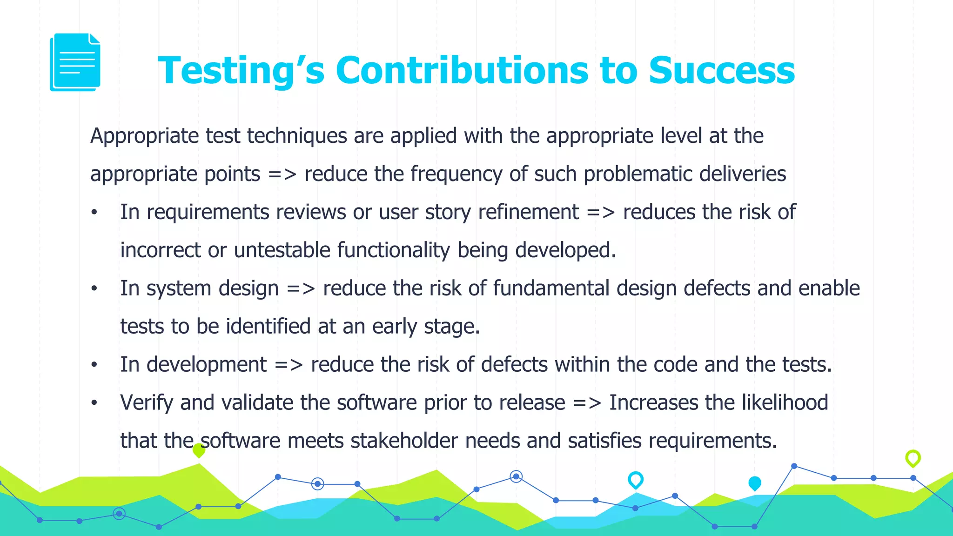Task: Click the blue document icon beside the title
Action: (75, 62)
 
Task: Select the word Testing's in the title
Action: (241, 71)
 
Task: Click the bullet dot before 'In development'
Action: (94, 365)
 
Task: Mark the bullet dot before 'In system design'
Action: (94, 288)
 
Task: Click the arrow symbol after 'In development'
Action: (289, 365)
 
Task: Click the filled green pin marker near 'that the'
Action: (199, 449)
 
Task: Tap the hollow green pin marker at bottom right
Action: (913, 458)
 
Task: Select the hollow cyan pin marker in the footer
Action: (636, 479)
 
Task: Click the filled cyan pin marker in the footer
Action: (755, 483)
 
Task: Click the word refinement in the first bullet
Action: (528, 212)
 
